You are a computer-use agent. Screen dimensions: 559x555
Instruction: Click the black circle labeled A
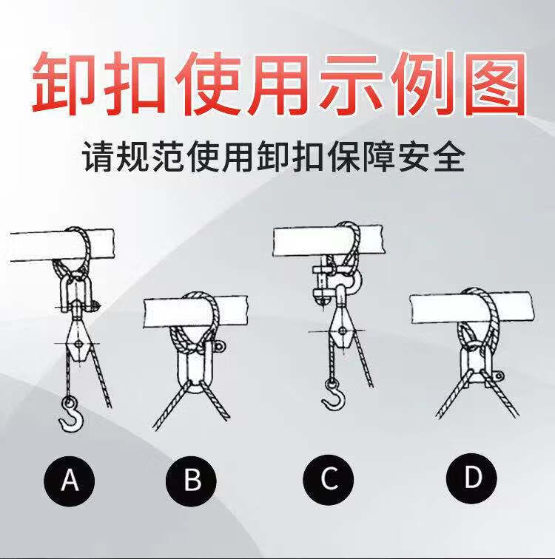point(70,480)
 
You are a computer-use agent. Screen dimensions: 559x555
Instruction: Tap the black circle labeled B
point(192,480)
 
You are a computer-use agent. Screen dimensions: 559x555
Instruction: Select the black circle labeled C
point(329,479)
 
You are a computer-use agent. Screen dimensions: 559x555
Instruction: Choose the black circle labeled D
point(471,478)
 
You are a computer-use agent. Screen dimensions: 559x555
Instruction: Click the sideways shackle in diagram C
point(329,281)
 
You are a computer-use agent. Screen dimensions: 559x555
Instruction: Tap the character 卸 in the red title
point(61,83)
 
